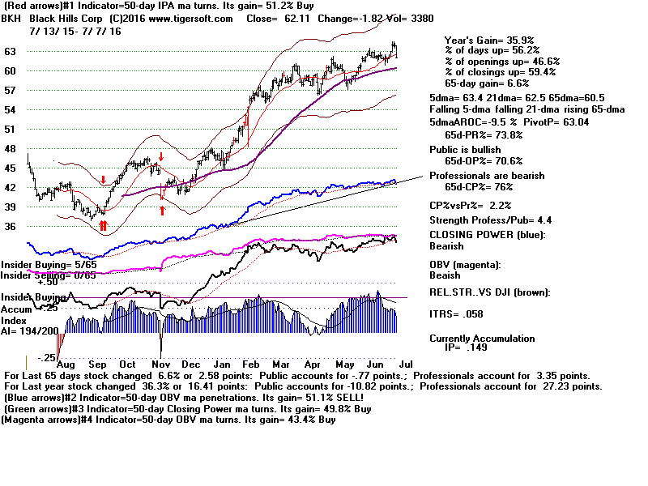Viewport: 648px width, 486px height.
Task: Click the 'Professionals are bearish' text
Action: click(x=498, y=176)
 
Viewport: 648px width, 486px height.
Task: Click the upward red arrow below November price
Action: click(x=161, y=211)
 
